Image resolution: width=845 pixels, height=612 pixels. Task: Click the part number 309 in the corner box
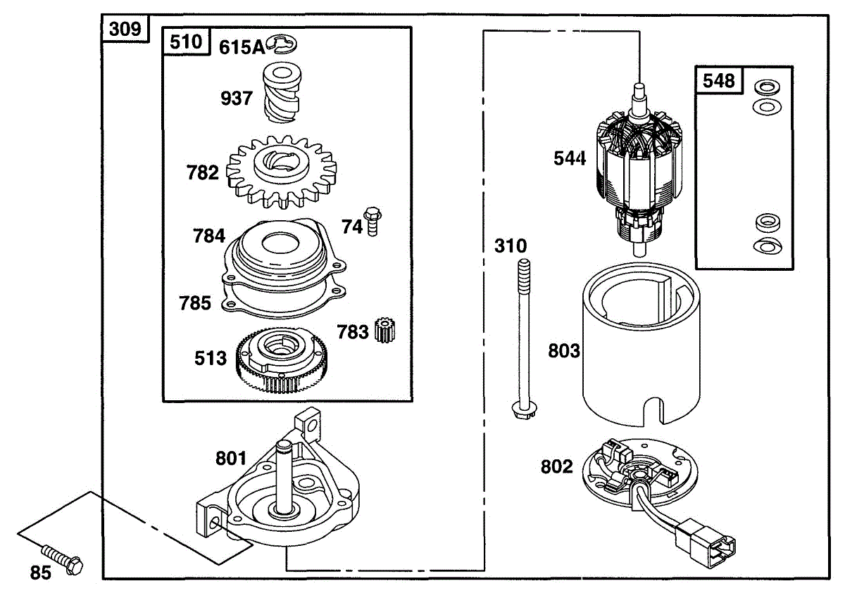(125, 29)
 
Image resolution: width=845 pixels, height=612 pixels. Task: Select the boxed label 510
(186, 42)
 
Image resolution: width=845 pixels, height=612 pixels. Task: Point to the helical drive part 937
(282, 93)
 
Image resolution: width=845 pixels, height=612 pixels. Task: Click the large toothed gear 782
(282, 172)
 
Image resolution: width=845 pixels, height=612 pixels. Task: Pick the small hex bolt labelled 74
(373, 221)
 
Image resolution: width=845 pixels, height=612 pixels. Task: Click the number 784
(209, 236)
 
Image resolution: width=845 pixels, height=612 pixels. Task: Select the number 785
(194, 303)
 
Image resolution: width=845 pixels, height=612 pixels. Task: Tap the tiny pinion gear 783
(385, 330)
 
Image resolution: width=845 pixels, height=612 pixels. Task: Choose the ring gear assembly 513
(282, 359)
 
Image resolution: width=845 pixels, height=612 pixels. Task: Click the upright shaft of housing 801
(284, 478)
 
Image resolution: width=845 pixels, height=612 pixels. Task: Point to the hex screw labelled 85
(63, 561)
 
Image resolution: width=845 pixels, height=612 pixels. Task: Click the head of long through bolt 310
(525, 409)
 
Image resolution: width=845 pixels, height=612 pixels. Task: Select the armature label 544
(570, 158)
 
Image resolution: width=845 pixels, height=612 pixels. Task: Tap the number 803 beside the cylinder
(564, 351)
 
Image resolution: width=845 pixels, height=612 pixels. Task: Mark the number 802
(557, 466)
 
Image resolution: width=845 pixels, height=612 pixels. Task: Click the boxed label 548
(719, 81)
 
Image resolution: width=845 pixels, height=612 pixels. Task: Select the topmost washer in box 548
(767, 87)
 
